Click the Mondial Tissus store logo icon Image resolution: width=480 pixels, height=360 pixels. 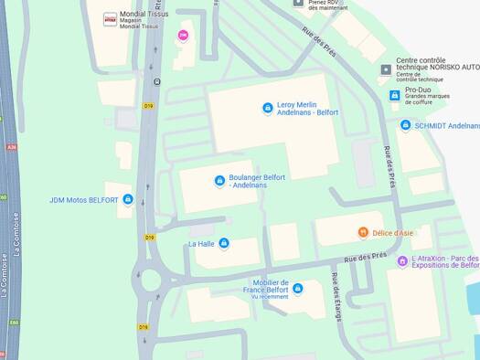[x=111, y=18]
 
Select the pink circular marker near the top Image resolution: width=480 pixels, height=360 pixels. [x=183, y=35]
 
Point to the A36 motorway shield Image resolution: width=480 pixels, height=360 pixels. [x=12, y=146]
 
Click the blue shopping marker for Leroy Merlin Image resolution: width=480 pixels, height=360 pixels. [x=268, y=108]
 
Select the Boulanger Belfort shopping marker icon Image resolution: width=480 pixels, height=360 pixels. [x=219, y=181]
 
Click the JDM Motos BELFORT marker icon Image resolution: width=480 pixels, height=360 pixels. [x=128, y=199]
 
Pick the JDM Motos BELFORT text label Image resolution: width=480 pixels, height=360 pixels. [x=84, y=200]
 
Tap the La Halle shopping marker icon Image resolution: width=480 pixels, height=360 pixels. [x=224, y=243]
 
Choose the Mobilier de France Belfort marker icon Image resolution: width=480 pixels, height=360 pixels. [x=298, y=289]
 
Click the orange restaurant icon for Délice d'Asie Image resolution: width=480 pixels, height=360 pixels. [x=363, y=232]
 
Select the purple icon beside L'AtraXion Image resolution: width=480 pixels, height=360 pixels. [x=402, y=261]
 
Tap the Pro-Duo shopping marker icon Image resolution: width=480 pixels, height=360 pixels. [x=395, y=95]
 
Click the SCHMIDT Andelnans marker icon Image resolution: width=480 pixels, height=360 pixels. [x=406, y=125]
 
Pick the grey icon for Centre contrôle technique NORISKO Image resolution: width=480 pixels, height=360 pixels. [x=386, y=69]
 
